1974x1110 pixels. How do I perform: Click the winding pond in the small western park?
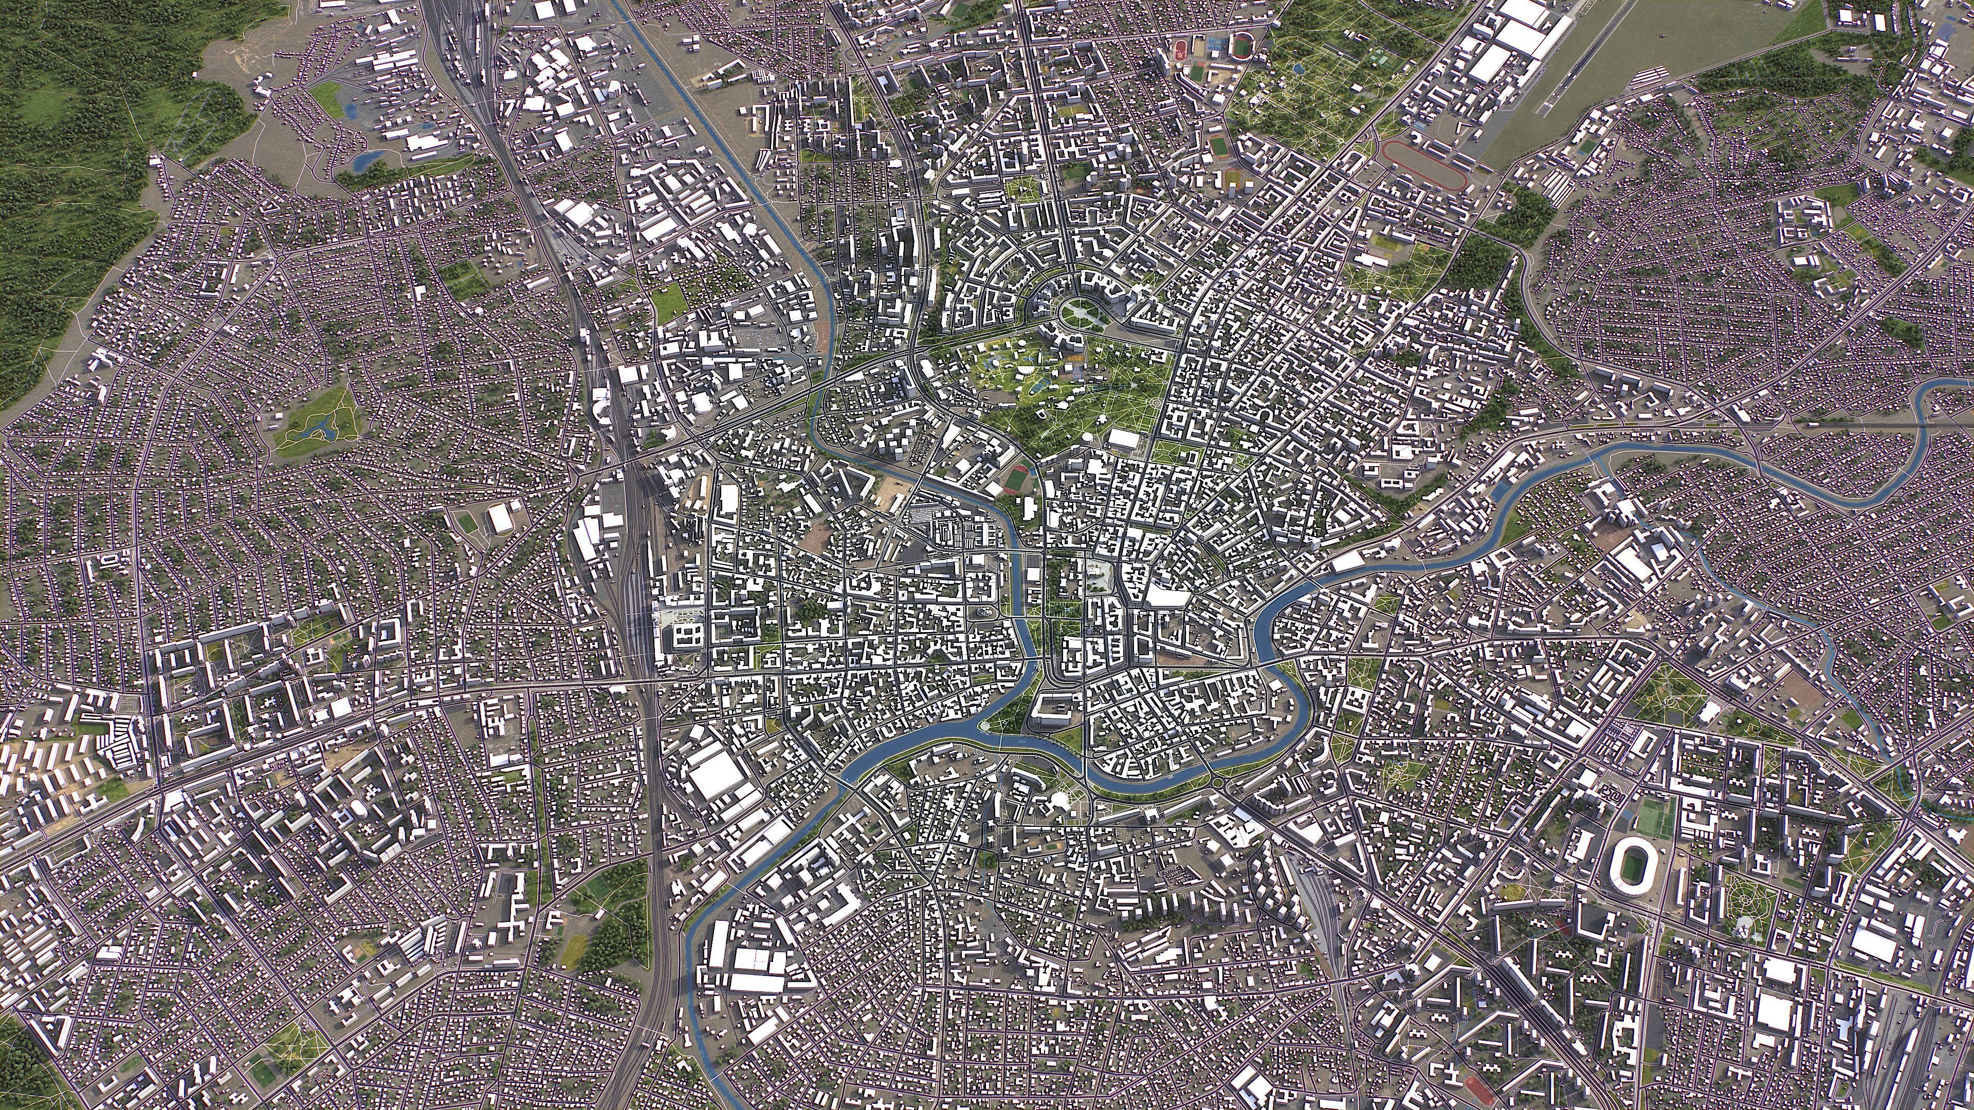pyautogui.click(x=317, y=426)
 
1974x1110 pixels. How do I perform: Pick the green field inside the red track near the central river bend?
pyautogui.click(x=1017, y=479)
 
